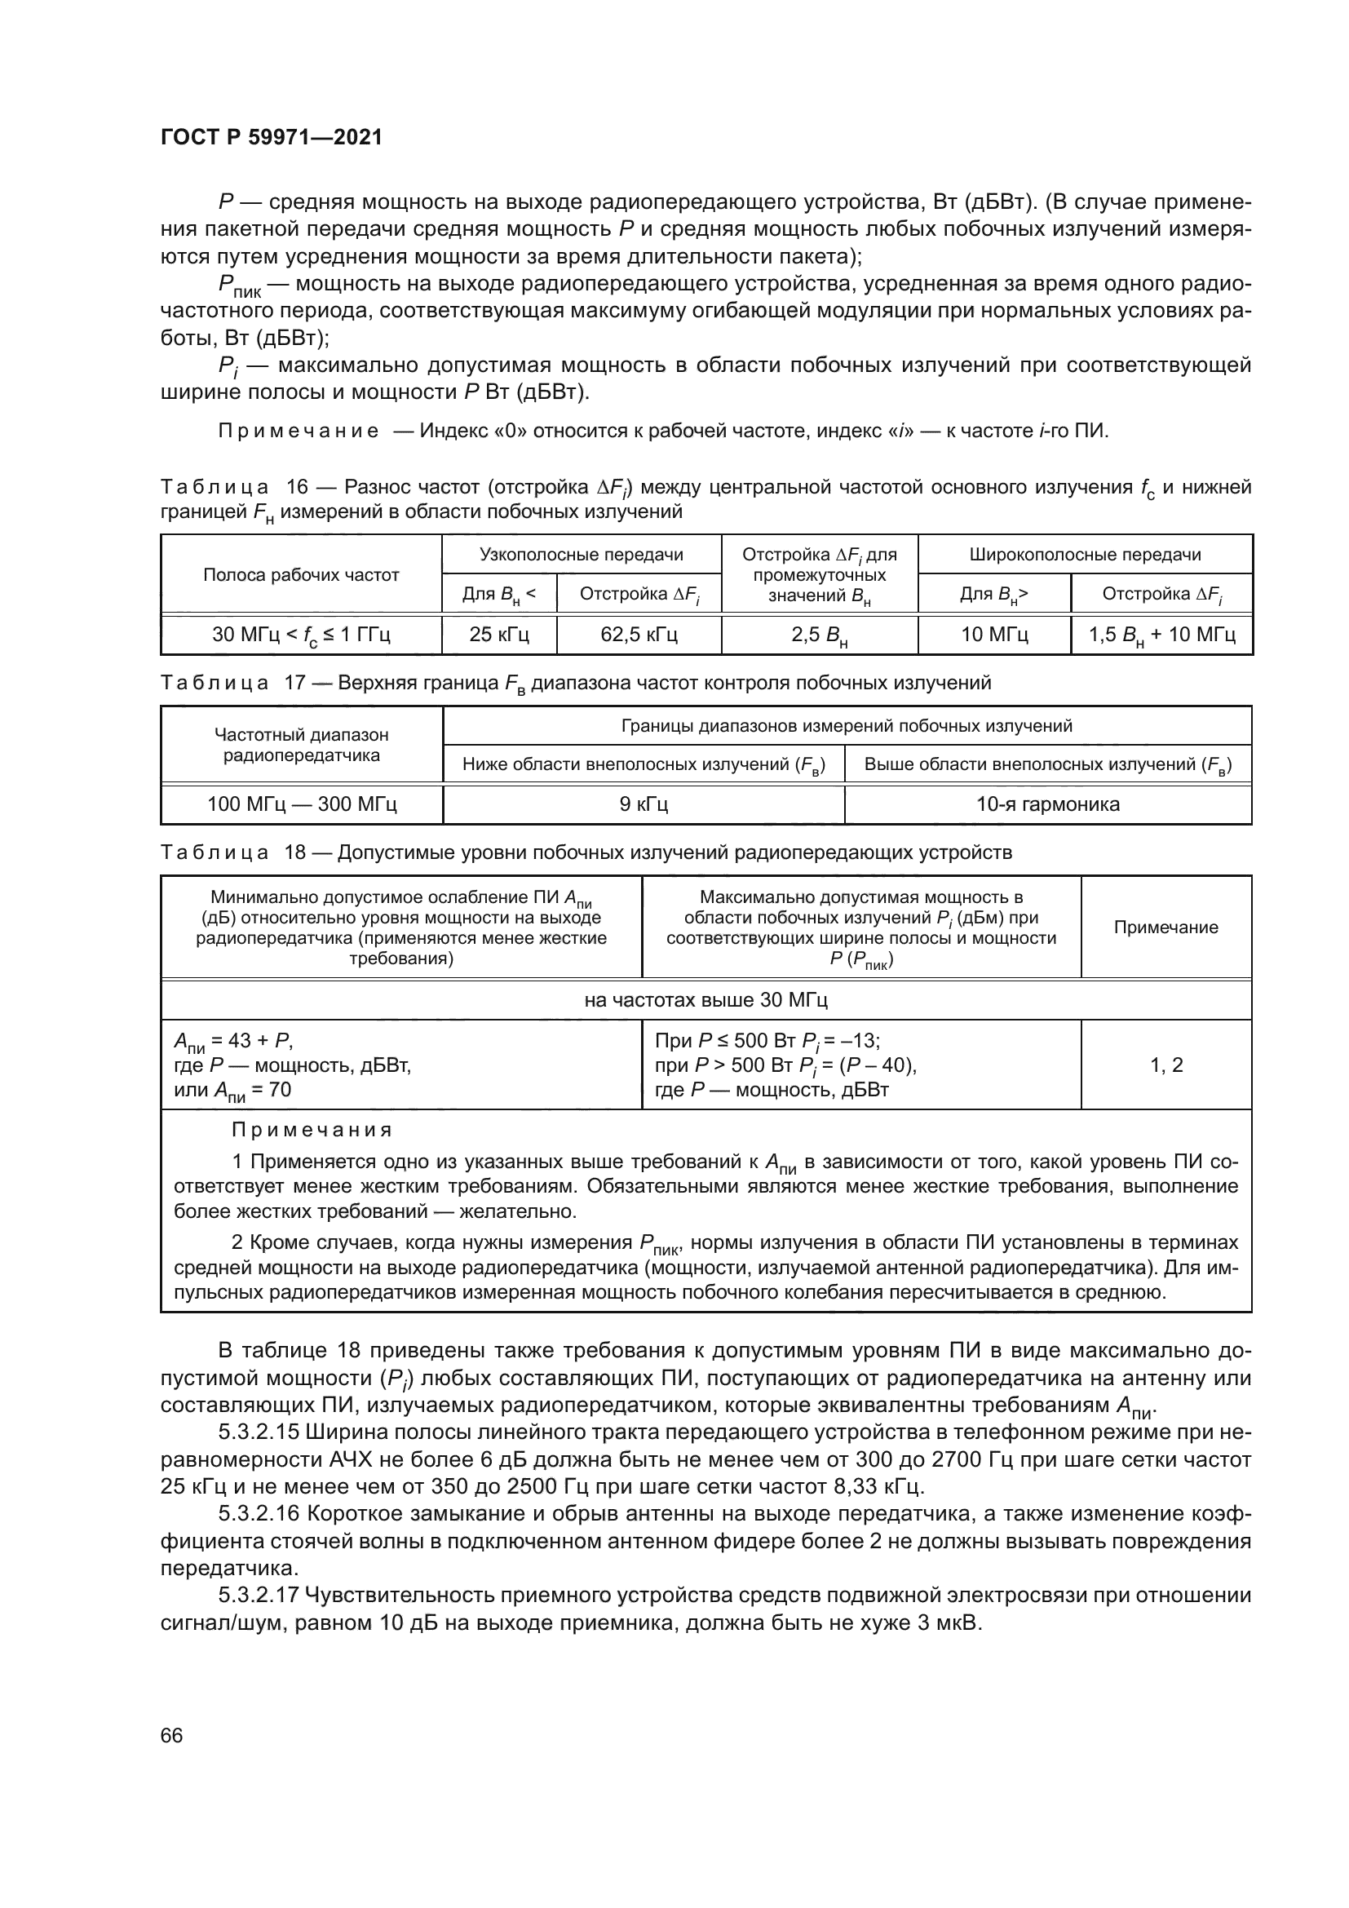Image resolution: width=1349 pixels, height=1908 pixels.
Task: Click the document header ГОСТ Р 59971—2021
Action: coord(271,137)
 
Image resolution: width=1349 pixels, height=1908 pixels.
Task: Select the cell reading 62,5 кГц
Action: coord(639,635)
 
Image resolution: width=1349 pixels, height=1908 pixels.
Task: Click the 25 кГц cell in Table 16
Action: coord(498,635)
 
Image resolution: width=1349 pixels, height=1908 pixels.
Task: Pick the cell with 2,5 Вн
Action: coord(819,635)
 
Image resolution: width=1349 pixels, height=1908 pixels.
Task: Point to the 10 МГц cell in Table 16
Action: coord(994,635)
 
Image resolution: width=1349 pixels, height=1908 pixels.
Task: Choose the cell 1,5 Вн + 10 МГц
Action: coord(1161,635)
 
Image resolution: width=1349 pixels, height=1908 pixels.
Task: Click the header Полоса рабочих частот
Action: coord(301,575)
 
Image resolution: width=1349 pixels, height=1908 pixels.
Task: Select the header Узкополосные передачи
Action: coord(581,554)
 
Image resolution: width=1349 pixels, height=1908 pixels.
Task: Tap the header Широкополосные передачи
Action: coord(1085,554)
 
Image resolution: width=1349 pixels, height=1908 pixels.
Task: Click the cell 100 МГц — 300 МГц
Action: coord(302,804)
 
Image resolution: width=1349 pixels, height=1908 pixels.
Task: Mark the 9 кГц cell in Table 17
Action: coord(644,804)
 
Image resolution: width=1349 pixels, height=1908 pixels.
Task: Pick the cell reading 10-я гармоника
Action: coord(1047,804)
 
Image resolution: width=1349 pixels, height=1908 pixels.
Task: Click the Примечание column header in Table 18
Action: coord(1165,927)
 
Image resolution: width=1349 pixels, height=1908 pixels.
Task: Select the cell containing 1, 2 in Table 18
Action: coord(1165,1065)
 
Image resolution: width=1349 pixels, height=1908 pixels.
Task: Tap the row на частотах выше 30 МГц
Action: coord(705,1000)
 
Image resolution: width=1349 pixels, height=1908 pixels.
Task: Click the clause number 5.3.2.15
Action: coord(259,1432)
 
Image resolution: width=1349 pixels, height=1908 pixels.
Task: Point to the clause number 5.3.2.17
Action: coord(259,1596)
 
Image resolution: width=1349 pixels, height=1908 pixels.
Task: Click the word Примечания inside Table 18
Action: coord(312,1130)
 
